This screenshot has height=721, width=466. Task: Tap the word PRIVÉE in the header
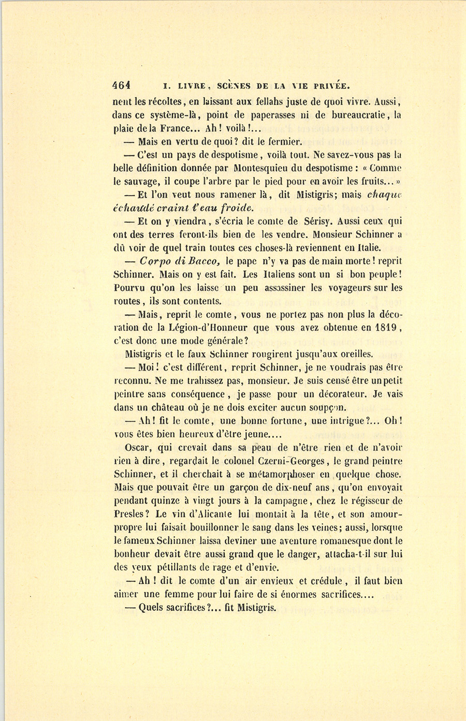[x=328, y=86]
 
